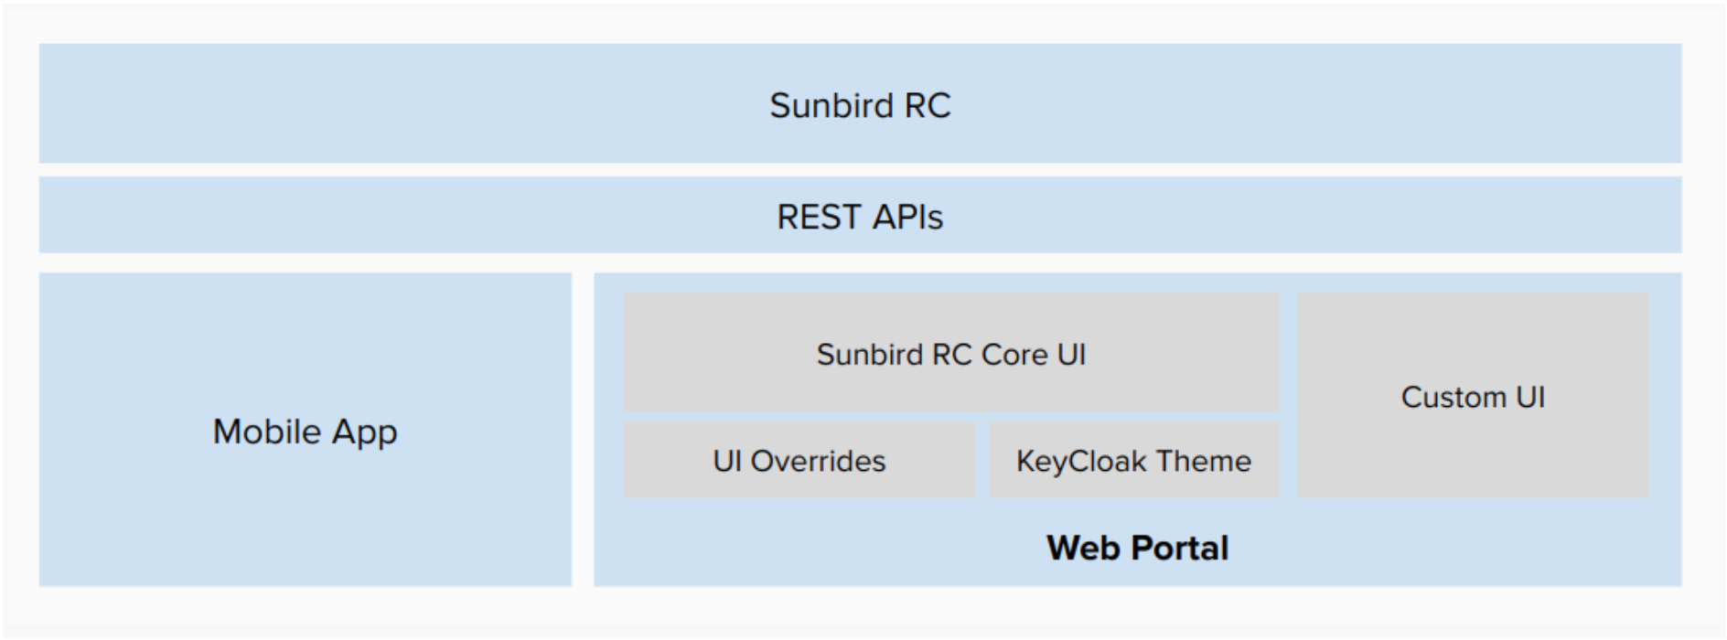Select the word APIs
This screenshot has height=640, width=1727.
click(x=906, y=218)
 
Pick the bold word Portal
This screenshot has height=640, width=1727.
click(x=1180, y=548)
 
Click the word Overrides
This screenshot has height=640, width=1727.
click(x=818, y=461)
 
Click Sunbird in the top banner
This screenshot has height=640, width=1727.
click(x=831, y=105)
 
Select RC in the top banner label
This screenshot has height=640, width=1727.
click(x=928, y=105)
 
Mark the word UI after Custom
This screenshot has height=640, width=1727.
click(x=1530, y=397)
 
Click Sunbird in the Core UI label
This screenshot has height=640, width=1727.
click(x=870, y=354)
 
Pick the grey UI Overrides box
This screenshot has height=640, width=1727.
click(x=799, y=460)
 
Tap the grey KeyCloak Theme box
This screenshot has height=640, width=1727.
click(x=1134, y=460)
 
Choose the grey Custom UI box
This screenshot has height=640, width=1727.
click(x=1473, y=395)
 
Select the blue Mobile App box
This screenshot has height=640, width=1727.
click(x=306, y=430)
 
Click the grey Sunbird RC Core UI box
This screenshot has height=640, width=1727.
click(x=951, y=352)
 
